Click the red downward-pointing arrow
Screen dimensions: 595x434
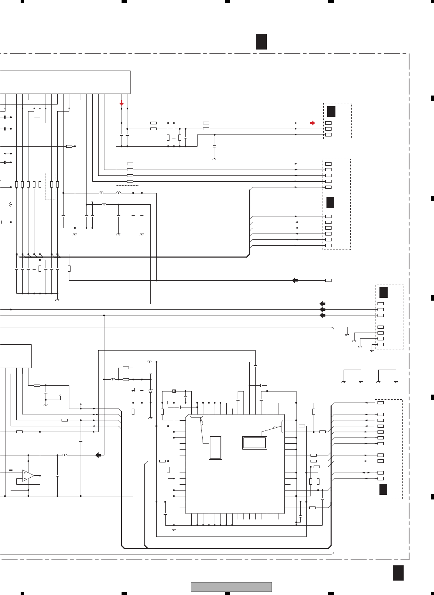(122, 103)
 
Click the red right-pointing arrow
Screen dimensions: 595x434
(312, 123)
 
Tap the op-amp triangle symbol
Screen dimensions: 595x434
(28, 476)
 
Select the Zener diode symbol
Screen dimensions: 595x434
(151, 391)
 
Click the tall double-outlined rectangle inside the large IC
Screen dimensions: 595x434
(215, 447)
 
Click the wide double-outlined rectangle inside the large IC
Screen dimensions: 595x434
(255, 443)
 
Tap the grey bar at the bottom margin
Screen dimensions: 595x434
(231, 587)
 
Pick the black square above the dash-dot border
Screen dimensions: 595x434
(261, 42)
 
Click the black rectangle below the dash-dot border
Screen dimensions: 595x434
(398, 573)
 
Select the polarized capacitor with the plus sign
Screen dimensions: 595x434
(133, 391)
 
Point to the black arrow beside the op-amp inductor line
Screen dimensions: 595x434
(99, 455)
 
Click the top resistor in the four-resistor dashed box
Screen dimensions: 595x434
(130, 164)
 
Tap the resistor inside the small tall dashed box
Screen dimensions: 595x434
(51, 184)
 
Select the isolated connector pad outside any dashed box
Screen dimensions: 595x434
(328, 280)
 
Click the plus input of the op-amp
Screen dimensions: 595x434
(24, 473)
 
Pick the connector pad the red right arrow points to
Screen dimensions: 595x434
(328, 123)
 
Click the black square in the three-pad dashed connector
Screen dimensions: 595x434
(331, 111)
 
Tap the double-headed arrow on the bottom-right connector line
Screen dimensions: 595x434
(366, 473)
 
